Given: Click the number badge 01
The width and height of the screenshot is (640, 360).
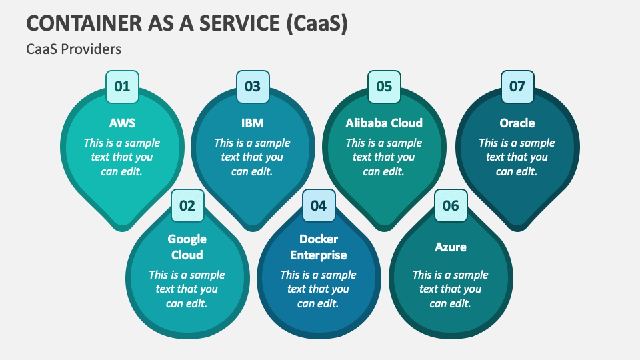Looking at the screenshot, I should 122,87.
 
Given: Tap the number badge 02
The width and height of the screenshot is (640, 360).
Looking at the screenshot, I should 187,205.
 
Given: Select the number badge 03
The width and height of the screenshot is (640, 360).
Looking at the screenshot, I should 253,87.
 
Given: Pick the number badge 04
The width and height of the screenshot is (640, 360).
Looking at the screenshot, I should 319,205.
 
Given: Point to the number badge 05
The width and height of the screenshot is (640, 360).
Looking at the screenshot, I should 384,87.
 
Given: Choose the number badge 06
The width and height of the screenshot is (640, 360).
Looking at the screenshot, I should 451,205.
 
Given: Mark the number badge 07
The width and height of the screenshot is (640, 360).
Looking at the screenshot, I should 517,87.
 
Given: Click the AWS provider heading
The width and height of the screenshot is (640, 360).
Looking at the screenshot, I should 122,123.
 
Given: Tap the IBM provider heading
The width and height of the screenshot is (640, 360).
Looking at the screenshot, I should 253,123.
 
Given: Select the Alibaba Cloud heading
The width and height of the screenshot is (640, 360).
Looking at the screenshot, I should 384,123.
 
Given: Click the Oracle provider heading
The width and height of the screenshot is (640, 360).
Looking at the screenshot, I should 517,123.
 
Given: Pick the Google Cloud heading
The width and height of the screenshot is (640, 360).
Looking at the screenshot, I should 187,247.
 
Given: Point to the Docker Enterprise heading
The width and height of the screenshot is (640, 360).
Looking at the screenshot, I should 319,247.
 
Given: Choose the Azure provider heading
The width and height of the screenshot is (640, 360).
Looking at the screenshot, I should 451,247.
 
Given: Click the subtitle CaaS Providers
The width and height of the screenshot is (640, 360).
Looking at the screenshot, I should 73,49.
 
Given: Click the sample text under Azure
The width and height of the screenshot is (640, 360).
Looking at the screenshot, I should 451,289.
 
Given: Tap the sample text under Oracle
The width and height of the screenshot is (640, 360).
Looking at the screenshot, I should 517,157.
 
